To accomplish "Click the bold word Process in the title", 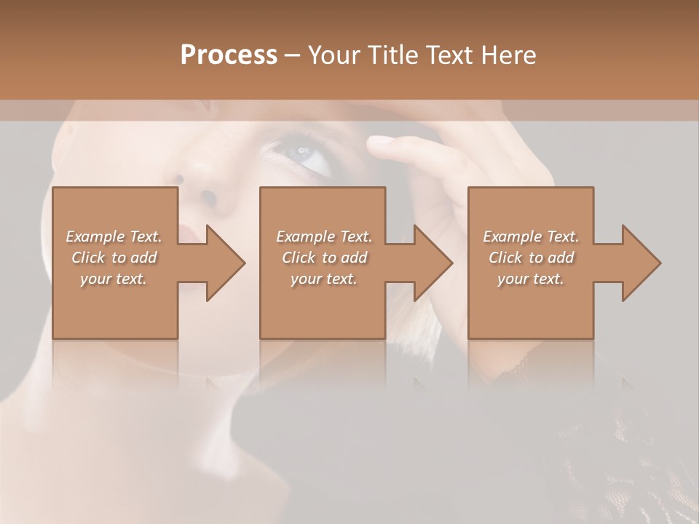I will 229,55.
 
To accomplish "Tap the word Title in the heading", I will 392,55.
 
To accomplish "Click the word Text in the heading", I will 451,55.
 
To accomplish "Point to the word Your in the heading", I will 332,55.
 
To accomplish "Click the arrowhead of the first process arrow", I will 225,263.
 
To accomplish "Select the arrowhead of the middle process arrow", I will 433,263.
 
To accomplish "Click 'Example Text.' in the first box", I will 114,237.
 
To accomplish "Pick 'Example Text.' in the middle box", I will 324,237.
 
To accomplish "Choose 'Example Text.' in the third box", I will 531,237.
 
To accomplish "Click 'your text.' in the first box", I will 114,279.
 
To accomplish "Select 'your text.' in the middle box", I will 324,279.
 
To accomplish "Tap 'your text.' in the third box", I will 531,279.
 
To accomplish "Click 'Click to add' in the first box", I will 114,258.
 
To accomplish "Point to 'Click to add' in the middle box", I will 324,258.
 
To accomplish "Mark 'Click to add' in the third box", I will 531,258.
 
